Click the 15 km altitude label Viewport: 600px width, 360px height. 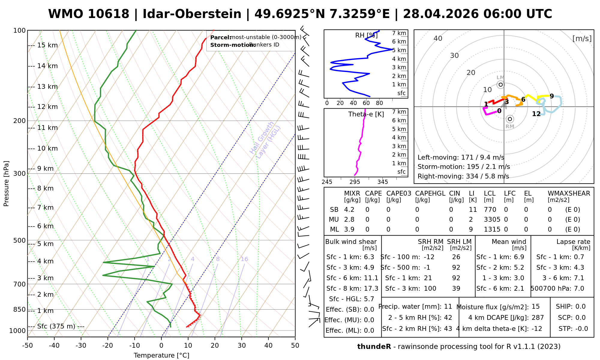click(47, 45)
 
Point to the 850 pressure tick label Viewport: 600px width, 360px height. click(19, 310)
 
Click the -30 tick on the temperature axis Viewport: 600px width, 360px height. click(81, 346)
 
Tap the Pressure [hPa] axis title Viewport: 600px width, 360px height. click(6, 184)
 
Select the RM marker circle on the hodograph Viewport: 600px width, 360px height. click(510, 119)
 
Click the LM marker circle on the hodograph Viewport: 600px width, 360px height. click(500, 85)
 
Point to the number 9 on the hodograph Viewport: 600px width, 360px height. click(551, 96)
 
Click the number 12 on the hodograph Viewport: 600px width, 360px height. click(536, 114)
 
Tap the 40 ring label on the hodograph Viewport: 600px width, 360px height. click(438, 38)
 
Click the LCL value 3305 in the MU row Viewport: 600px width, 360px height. click(492, 220)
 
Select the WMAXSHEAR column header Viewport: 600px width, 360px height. click(569, 193)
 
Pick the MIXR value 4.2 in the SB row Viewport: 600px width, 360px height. click(349, 210)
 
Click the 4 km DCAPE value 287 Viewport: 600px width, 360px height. click(538, 318)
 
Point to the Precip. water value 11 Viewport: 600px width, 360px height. click(448, 307)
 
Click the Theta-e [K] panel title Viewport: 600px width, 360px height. click(366, 114)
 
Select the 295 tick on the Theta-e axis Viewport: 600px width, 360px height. click(355, 182)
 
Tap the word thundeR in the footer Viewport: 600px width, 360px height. click(374, 347)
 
